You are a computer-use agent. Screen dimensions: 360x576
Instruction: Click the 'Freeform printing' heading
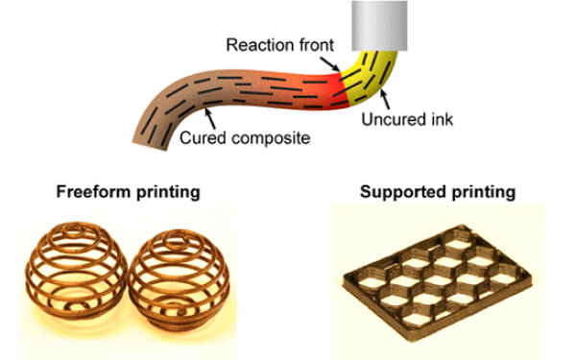(143, 192)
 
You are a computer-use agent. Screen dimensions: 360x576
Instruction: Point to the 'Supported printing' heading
(436, 192)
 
